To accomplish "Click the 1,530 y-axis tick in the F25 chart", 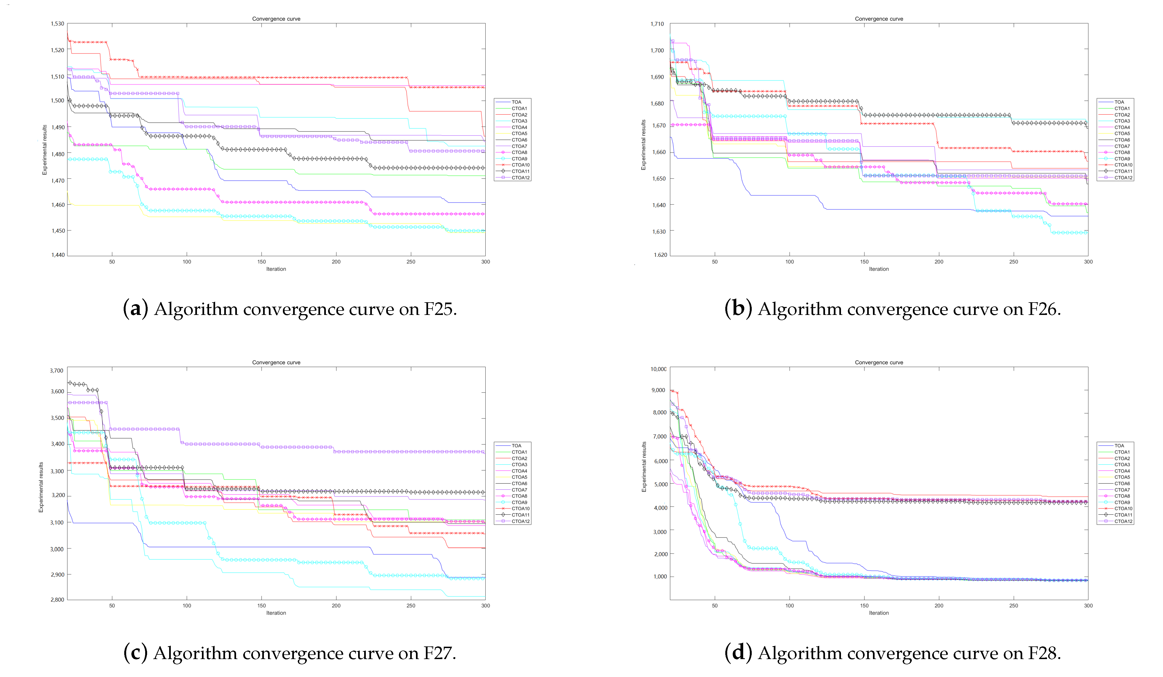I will (x=57, y=23).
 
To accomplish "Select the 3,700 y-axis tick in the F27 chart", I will (x=57, y=371).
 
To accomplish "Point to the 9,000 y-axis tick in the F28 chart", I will (x=658, y=390).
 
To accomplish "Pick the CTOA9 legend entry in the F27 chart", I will (x=519, y=502).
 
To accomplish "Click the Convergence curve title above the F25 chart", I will (x=276, y=19).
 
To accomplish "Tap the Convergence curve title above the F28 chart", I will (x=879, y=362).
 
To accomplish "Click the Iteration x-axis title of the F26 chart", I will (x=879, y=269).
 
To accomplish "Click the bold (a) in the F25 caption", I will (x=135, y=309).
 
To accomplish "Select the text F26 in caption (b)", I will (x=1043, y=309).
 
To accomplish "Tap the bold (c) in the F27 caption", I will (x=135, y=652).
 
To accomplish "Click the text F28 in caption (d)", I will (x=1043, y=652).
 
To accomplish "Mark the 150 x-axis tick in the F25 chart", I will (x=262, y=262).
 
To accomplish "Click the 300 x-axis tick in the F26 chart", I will (x=1088, y=262).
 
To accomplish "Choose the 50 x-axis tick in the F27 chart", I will (x=112, y=605).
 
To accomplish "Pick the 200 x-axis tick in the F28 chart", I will (x=939, y=605).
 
